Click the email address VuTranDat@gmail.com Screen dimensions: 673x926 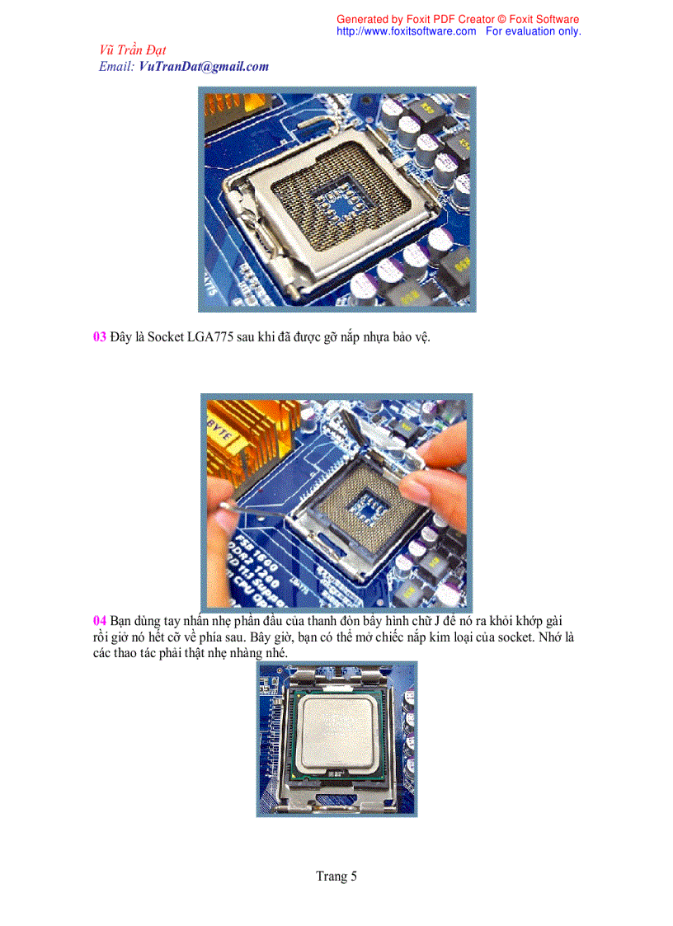(204, 67)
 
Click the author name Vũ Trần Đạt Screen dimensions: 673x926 (133, 50)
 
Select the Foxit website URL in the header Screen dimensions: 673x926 (407, 31)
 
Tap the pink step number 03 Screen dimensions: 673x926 (99, 336)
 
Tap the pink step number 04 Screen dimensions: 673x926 (99, 621)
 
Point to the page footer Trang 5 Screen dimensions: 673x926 (336, 876)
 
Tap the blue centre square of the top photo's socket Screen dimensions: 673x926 (336, 203)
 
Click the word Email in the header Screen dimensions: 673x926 (115, 67)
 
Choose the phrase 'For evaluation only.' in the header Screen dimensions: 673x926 (533, 31)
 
